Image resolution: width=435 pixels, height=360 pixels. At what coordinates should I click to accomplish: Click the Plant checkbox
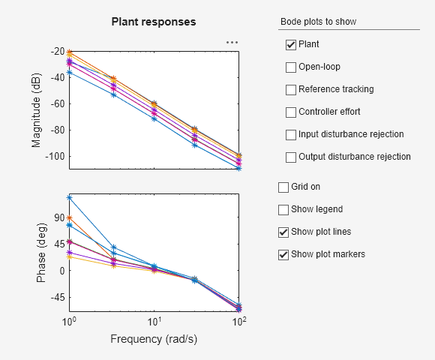pyautogui.click(x=291, y=45)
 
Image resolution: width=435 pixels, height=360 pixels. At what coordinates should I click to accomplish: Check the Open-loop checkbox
pyautogui.click(x=291, y=67)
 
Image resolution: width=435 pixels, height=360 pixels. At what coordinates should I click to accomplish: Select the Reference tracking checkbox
pyautogui.click(x=291, y=90)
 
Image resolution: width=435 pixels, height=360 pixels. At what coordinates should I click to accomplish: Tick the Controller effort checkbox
pyautogui.click(x=291, y=112)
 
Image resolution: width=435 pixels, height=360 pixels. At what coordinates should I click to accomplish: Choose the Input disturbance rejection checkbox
pyautogui.click(x=291, y=135)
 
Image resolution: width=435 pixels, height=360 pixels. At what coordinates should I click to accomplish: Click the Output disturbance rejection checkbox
pyautogui.click(x=291, y=157)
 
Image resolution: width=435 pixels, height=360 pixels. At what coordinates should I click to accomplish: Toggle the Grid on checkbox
pyautogui.click(x=283, y=187)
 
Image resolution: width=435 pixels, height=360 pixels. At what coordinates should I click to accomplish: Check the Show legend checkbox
pyautogui.click(x=283, y=209)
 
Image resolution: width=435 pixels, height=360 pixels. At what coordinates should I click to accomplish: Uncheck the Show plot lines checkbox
pyautogui.click(x=283, y=232)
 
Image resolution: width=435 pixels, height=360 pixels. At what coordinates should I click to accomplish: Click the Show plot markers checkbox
pyautogui.click(x=283, y=254)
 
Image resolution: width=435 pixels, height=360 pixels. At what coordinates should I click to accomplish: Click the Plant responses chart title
pyautogui.click(x=154, y=22)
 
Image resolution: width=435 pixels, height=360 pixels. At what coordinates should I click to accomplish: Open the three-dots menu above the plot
pyautogui.click(x=232, y=43)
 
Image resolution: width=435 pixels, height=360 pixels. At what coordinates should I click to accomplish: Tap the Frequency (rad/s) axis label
pyautogui.click(x=154, y=339)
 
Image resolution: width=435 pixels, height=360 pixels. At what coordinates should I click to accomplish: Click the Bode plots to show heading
pyautogui.click(x=318, y=22)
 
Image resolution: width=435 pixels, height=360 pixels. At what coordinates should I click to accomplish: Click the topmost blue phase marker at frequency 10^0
pyautogui.click(x=69, y=198)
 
